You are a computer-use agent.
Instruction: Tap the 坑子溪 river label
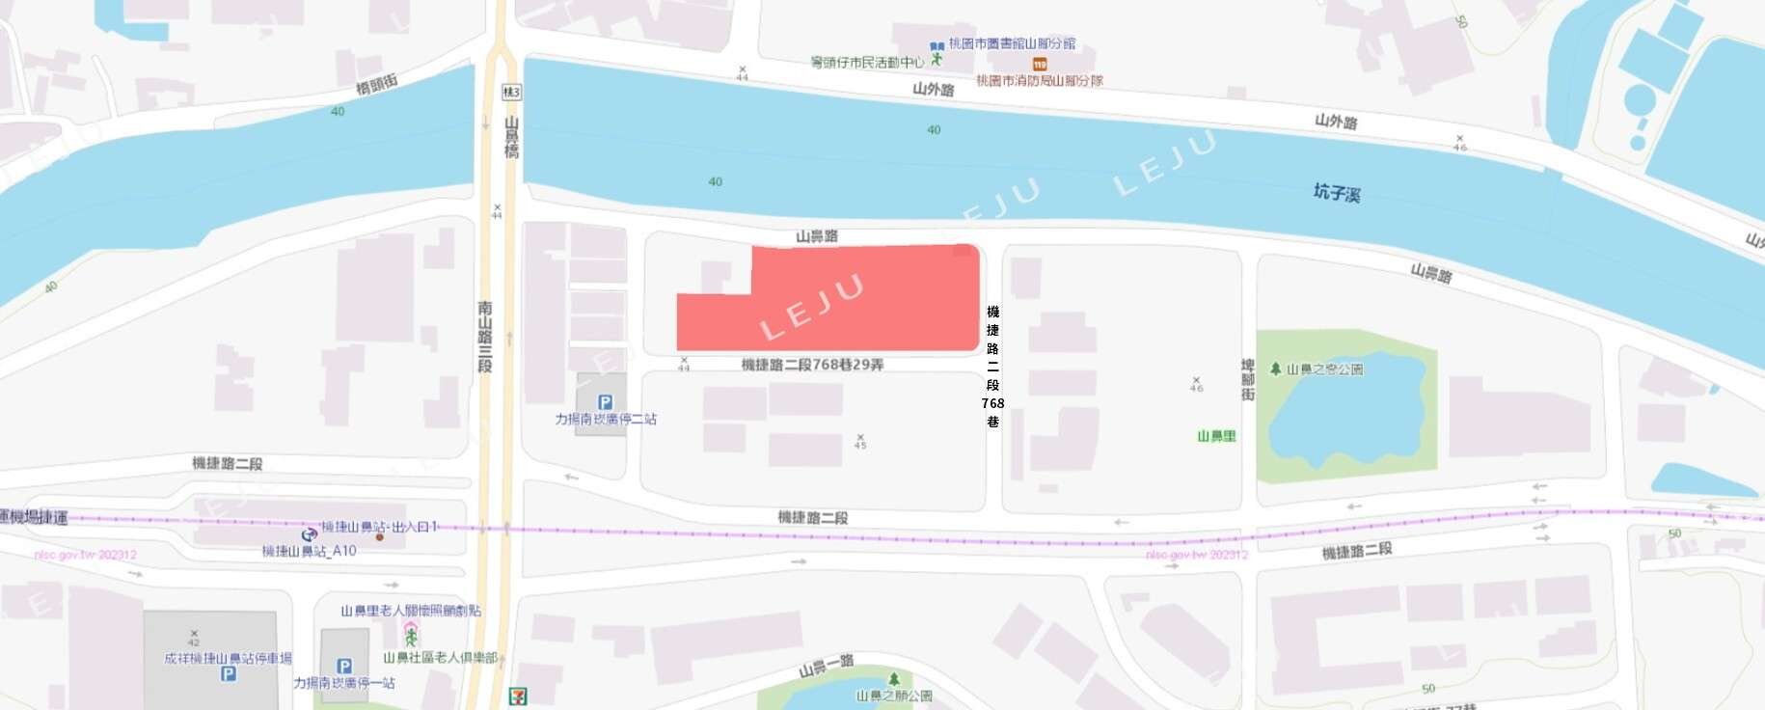(x=1337, y=193)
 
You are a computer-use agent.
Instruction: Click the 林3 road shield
(x=511, y=93)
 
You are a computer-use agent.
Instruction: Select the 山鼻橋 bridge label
(x=511, y=138)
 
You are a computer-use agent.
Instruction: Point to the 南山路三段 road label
(x=485, y=336)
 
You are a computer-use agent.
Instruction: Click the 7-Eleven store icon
(x=520, y=696)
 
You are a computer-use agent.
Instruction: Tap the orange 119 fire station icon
(x=1039, y=64)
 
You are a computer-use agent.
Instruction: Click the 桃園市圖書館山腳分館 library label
(x=1012, y=43)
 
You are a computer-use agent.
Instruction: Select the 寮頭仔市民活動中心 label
(x=867, y=63)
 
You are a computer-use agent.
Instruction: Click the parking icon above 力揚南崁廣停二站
(x=605, y=402)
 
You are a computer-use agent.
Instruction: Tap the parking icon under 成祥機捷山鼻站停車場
(x=229, y=674)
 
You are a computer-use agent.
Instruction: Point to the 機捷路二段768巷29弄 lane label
(x=812, y=365)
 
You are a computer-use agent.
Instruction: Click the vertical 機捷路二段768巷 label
(x=993, y=367)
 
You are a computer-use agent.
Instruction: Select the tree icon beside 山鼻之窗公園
(x=1275, y=369)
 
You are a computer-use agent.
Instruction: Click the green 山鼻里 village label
(x=1216, y=436)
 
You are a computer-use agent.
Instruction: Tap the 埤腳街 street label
(x=1248, y=380)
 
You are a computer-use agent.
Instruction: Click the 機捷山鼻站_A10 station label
(x=310, y=551)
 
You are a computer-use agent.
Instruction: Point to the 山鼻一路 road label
(x=827, y=666)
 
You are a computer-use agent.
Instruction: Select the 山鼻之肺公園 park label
(x=894, y=696)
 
